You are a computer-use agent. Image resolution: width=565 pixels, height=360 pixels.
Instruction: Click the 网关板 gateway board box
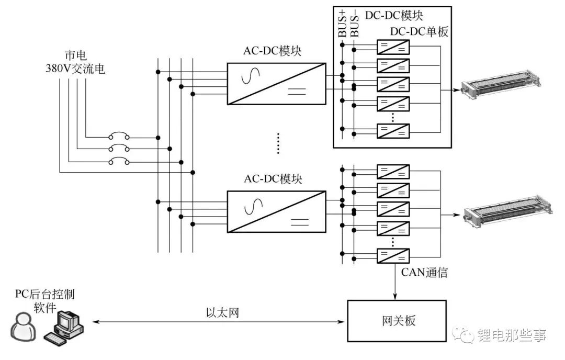(x=397, y=321)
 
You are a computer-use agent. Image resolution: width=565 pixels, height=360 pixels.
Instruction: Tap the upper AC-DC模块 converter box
(x=276, y=84)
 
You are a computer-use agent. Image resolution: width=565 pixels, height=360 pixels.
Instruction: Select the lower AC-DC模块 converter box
(x=276, y=211)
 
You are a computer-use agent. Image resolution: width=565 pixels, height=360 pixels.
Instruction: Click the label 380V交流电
(x=75, y=68)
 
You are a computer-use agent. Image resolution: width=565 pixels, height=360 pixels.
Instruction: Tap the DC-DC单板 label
(x=419, y=32)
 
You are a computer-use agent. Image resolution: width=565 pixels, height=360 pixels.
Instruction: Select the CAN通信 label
(x=424, y=272)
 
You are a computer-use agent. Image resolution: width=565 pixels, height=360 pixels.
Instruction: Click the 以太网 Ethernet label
(x=223, y=312)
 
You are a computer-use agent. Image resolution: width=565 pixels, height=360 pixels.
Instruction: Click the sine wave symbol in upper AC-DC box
(x=251, y=76)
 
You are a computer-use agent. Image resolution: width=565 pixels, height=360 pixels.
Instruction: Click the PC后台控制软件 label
(x=45, y=301)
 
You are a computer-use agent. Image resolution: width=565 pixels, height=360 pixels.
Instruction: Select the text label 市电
(x=76, y=55)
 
